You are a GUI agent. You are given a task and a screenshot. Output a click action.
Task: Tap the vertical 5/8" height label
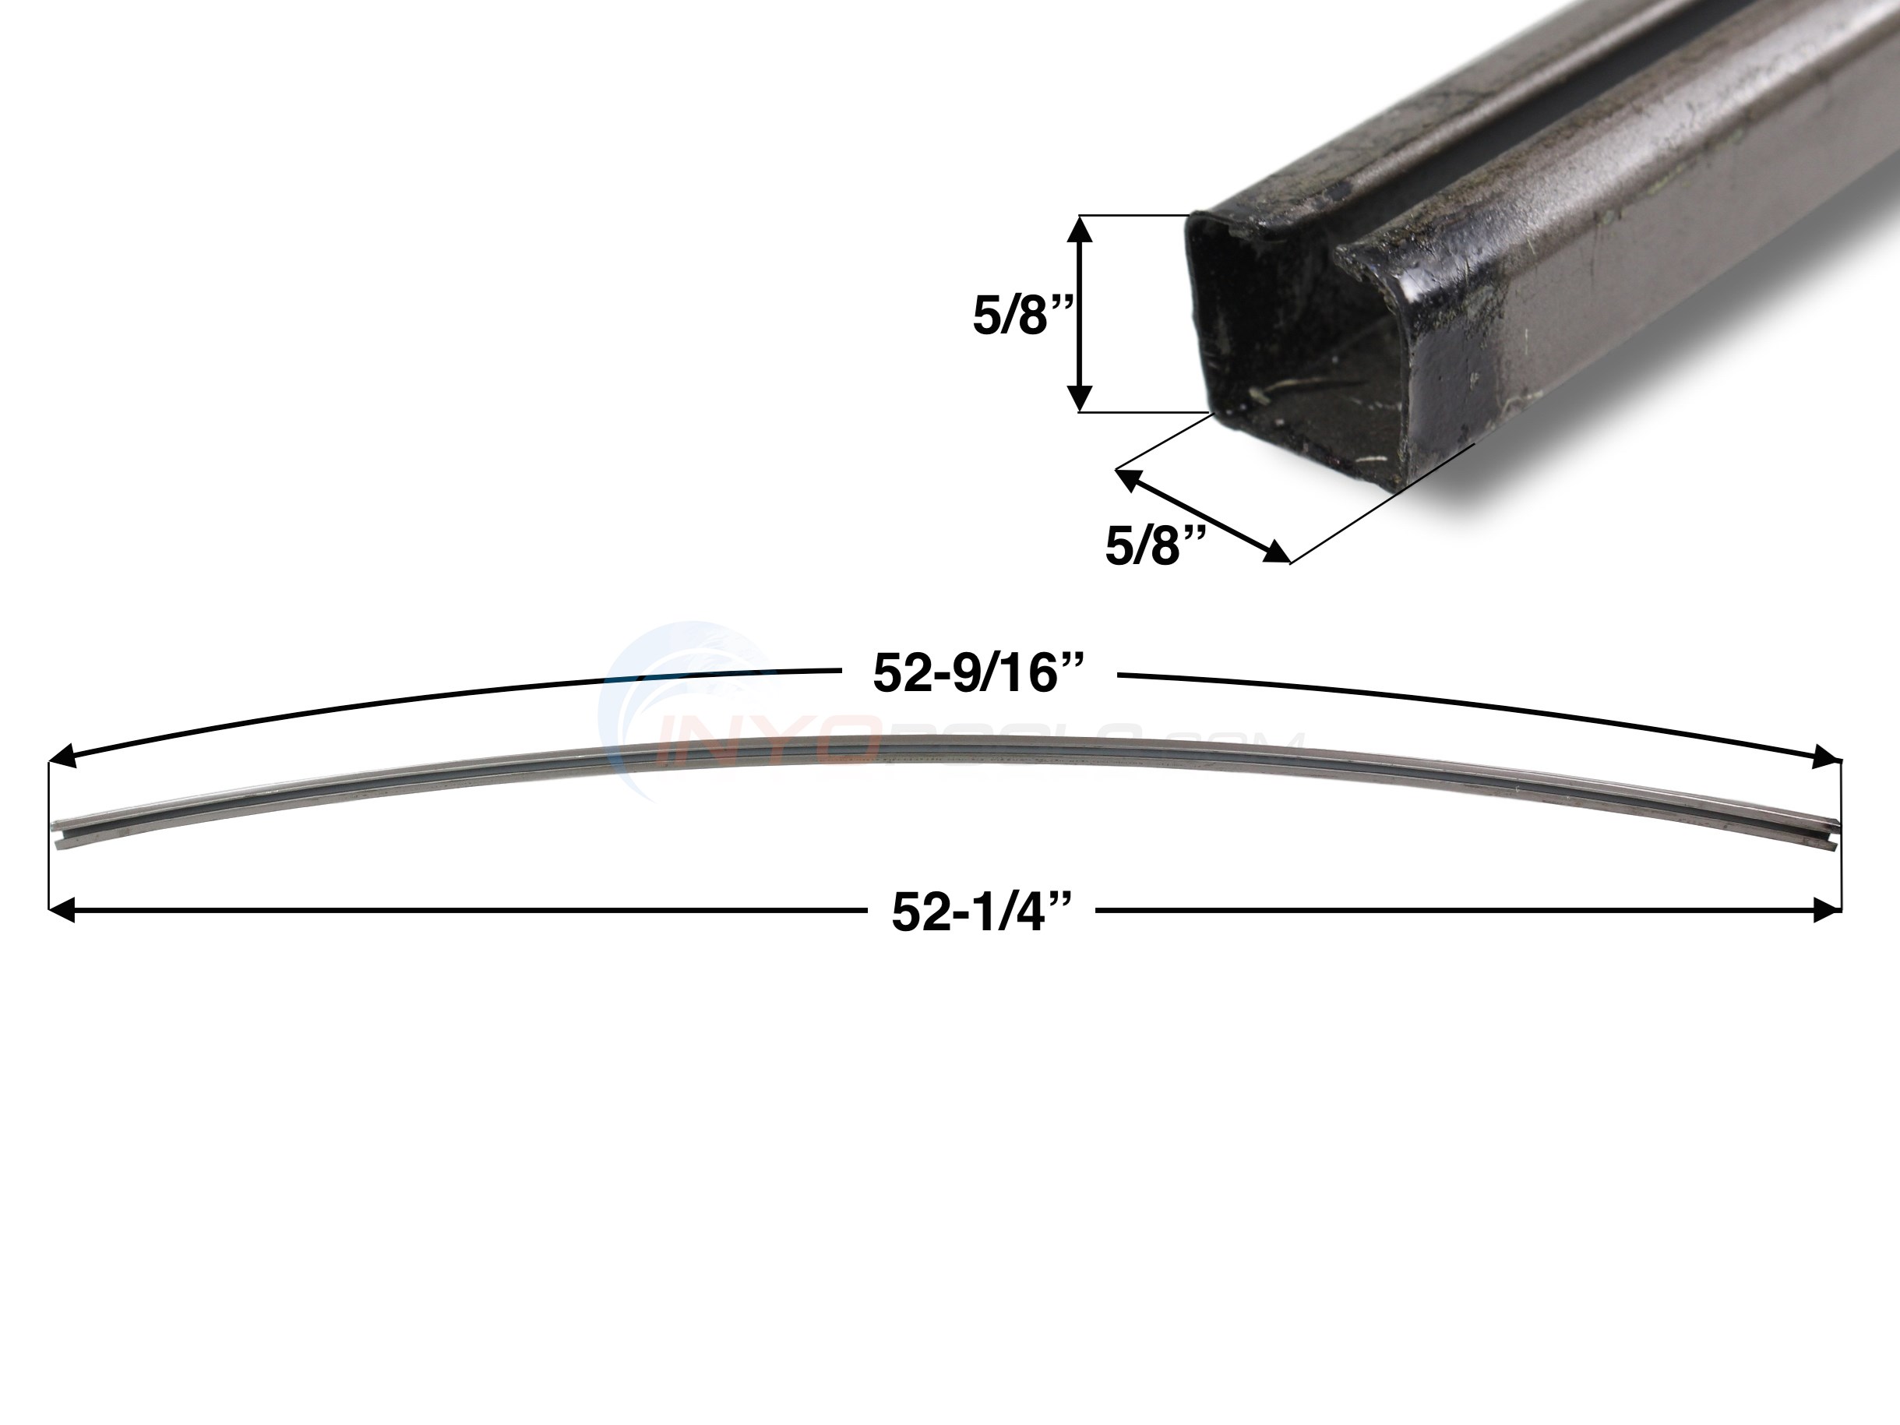[1012, 316]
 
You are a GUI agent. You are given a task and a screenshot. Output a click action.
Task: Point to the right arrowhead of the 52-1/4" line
[1828, 910]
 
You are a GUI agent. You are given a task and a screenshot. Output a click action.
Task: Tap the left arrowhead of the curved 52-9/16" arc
[62, 757]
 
